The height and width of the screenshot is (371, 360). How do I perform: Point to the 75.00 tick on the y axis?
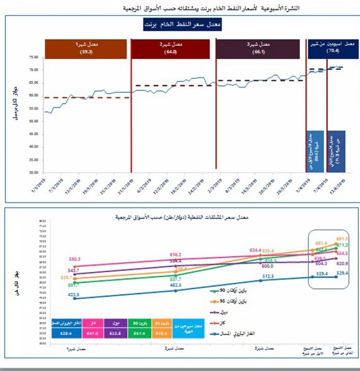(33, 57)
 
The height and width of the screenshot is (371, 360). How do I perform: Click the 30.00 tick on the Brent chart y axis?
(33, 173)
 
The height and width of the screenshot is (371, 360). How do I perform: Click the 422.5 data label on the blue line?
(72, 295)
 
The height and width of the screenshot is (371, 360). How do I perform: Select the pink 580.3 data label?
(74, 259)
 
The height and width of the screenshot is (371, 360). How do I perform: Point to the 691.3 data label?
(342, 239)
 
